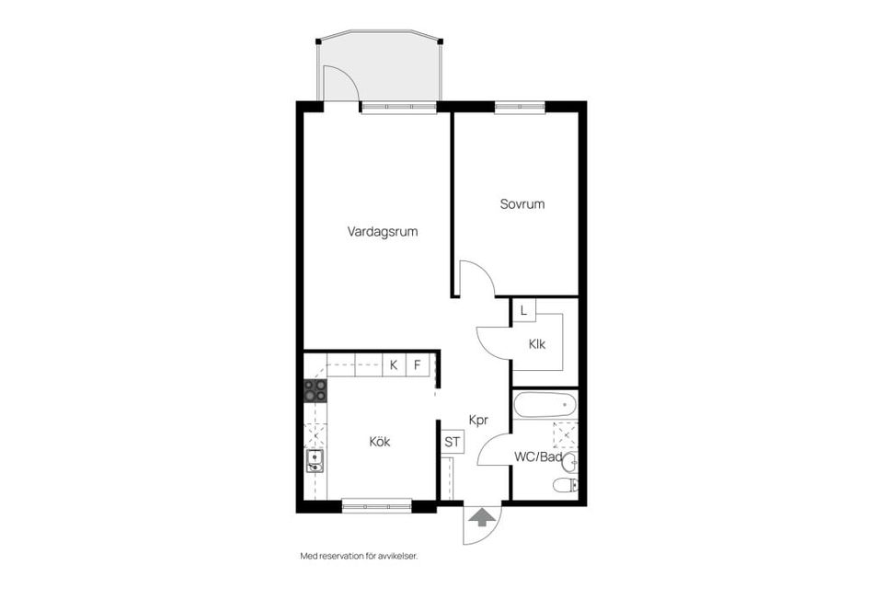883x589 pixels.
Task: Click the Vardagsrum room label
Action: (x=383, y=232)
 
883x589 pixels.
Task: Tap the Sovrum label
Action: (x=522, y=204)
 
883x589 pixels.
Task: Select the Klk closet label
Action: (x=537, y=345)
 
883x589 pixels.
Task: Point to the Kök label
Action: (x=379, y=442)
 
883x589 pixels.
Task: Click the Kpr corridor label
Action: (x=477, y=420)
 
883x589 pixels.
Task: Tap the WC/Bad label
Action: (x=537, y=457)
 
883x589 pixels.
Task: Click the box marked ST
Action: (x=453, y=442)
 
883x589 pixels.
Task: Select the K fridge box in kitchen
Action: (x=393, y=365)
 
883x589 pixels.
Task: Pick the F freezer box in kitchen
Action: (x=417, y=365)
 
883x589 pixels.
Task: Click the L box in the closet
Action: (x=523, y=311)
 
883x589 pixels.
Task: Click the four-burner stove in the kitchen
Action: (x=315, y=390)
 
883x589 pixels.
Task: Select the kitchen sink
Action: (x=315, y=461)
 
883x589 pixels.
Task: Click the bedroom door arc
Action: (x=478, y=277)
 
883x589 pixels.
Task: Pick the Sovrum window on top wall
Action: (x=520, y=106)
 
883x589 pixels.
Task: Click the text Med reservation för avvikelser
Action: (x=365, y=556)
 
